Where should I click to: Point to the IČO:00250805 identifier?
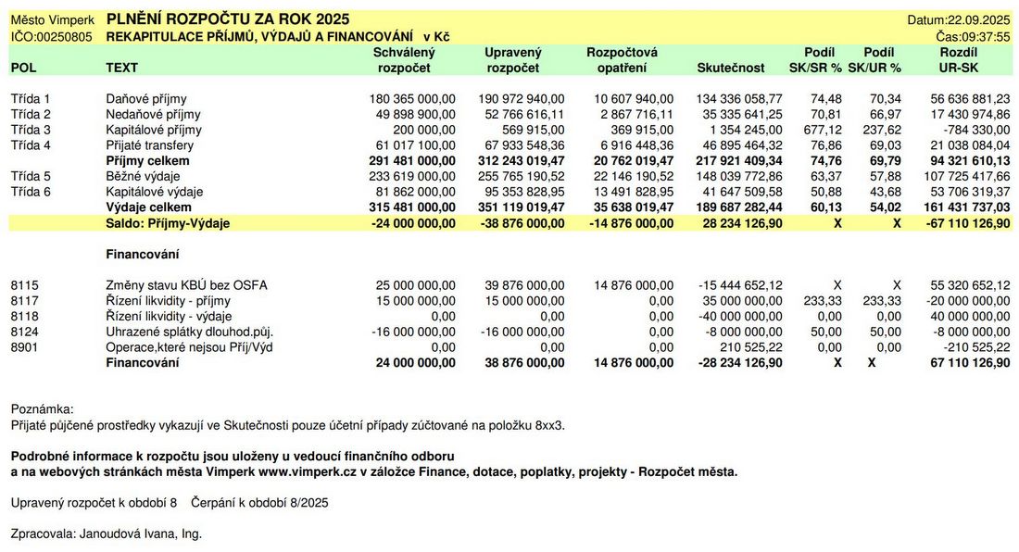click(x=51, y=36)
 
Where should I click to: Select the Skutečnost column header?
click(x=730, y=68)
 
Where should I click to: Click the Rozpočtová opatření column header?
click(x=622, y=59)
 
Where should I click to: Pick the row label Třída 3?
click(x=31, y=130)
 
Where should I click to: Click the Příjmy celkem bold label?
click(x=145, y=161)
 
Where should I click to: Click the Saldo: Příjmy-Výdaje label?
click(x=168, y=223)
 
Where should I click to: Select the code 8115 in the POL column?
click(x=24, y=285)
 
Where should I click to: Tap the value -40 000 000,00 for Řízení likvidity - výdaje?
click(x=740, y=317)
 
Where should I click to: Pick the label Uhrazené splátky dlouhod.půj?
click(x=190, y=332)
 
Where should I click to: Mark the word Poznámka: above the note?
click(x=42, y=409)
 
